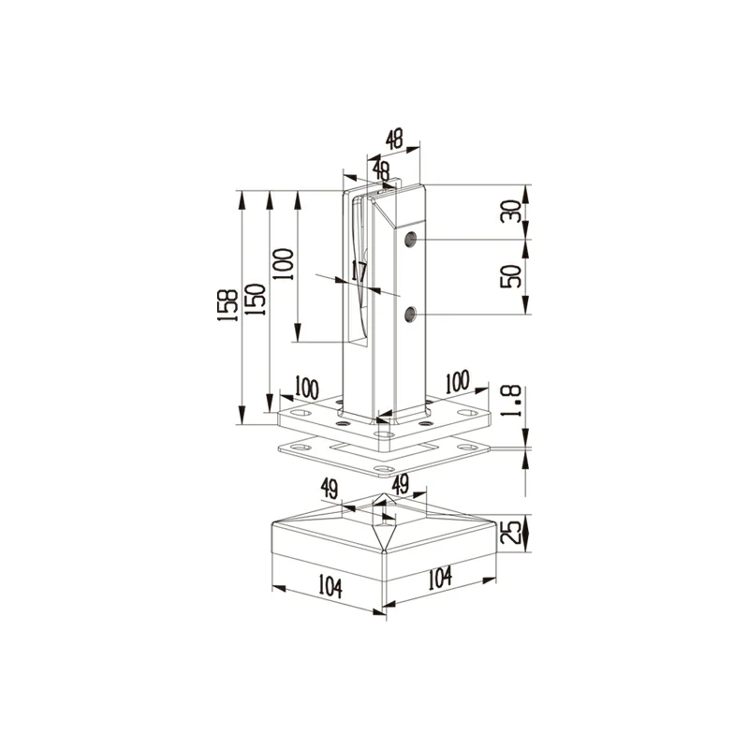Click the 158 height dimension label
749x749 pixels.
(x=228, y=305)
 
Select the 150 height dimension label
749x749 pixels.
(x=255, y=300)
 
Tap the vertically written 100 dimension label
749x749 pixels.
(x=283, y=264)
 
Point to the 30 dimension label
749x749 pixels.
(x=510, y=212)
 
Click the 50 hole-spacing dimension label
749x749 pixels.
(x=510, y=276)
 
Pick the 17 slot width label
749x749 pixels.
(x=359, y=272)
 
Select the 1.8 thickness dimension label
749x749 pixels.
(x=510, y=402)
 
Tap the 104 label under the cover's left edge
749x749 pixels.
(x=330, y=587)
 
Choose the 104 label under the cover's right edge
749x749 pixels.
(x=439, y=578)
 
